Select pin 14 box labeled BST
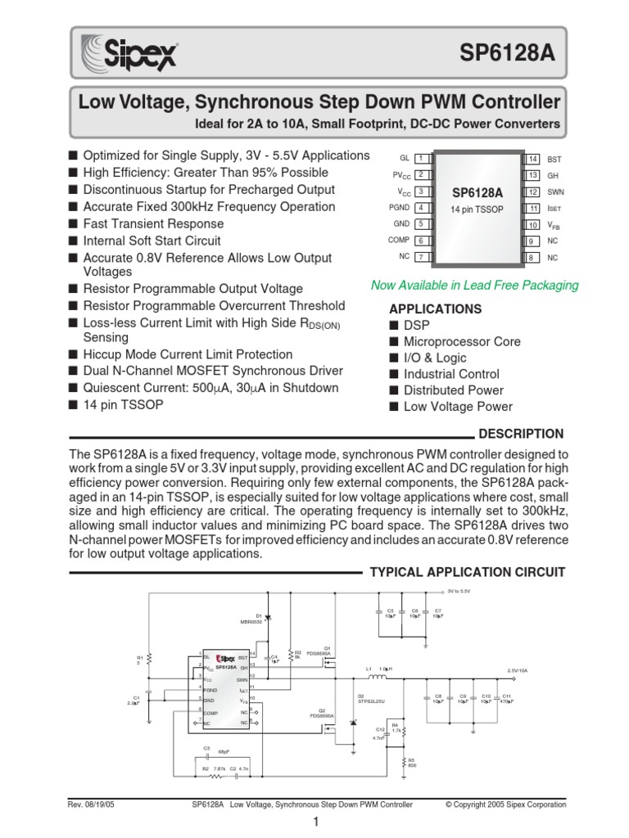click(x=532, y=158)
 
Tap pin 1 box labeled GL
click(x=419, y=158)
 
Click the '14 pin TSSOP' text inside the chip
click(x=476, y=209)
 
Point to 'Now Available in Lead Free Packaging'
click(x=474, y=286)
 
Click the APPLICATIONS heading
click(x=435, y=309)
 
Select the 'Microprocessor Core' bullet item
click(x=461, y=341)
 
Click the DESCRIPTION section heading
click(x=521, y=434)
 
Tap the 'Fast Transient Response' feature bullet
click(x=153, y=223)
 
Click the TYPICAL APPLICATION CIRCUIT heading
click(x=468, y=571)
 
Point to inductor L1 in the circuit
click(x=378, y=677)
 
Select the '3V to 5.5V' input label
click(x=459, y=591)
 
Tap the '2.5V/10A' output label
click(x=518, y=670)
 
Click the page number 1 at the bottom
click(x=314, y=823)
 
